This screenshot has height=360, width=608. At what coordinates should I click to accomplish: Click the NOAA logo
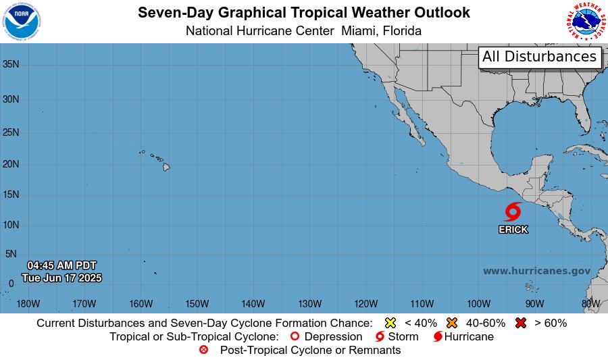pyautogui.click(x=22, y=21)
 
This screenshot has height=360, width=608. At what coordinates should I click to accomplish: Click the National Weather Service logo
pyautogui.click(x=585, y=21)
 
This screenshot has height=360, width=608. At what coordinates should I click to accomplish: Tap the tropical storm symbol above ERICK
pyautogui.click(x=513, y=211)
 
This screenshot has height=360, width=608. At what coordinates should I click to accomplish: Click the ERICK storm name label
pyautogui.click(x=513, y=230)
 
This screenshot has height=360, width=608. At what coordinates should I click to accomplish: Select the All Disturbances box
pyautogui.click(x=540, y=57)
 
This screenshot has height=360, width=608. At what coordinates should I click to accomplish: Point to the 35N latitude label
pyautogui.click(x=11, y=64)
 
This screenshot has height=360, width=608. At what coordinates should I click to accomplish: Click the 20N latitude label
pyautogui.click(x=11, y=164)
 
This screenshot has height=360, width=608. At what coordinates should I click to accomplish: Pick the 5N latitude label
pyautogui.click(x=11, y=254)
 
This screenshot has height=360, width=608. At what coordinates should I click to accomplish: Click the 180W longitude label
pyautogui.click(x=28, y=303)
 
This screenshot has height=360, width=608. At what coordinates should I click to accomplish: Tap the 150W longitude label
pyautogui.click(x=197, y=303)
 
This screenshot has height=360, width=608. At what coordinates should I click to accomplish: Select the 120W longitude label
pyautogui.click(x=365, y=303)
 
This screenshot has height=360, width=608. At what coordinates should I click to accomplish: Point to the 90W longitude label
pyautogui.click(x=534, y=303)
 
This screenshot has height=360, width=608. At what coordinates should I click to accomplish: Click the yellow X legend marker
pyautogui.click(x=390, y=323)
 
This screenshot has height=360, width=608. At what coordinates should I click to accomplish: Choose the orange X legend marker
pyautogui.click(x=452, y=323)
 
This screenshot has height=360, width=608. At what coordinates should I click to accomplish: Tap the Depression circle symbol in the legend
pyautogui.click(x=294, y=336)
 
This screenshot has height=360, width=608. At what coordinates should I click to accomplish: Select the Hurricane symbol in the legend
pyautogui.click(x=438, y=336)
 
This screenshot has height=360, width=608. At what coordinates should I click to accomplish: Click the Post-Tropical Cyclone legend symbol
pyautogui.click(x=204, y=350)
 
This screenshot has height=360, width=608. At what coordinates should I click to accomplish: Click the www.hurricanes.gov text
pyautogui.click(x=536, y=271)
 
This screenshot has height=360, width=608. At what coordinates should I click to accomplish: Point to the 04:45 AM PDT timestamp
pyautogui.click(x=62, y=265)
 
